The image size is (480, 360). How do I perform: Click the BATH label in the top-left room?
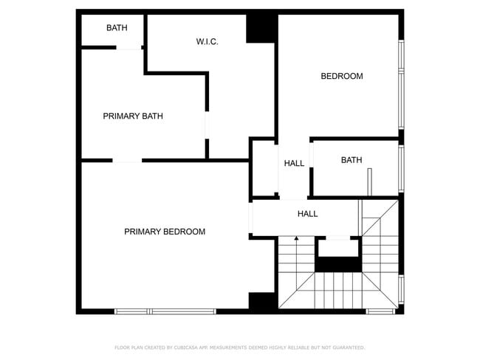tap(117, 28)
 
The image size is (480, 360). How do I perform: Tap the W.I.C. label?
tap(207, 42)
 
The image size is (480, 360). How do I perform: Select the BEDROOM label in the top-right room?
tap(341, 76)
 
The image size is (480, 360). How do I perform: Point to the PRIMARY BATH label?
tap(133, 116)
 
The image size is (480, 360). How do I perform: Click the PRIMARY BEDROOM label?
tap(165, 232)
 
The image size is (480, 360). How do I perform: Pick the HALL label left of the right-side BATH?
tap(294, 164)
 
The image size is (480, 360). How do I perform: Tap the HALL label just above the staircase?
tap(307, 214)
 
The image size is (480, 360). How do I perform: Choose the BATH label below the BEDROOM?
tap(352, 159)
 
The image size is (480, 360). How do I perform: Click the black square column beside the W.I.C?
tap(261, 28)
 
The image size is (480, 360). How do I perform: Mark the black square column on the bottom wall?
tap(262, 302)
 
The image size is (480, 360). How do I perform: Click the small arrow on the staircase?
tap(296, 238)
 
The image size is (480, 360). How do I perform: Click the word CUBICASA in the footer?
tap(185, 347)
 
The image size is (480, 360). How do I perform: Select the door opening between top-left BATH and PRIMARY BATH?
tap(129, 49)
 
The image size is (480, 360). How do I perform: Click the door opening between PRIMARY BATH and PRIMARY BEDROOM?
tap(126, 160)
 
